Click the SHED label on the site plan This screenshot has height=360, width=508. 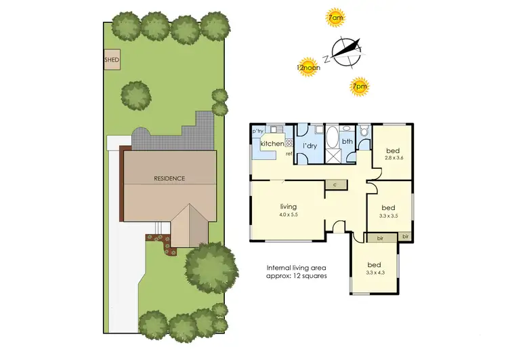(x=112, y=60)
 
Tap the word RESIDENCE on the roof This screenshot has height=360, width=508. (x=169, y=178)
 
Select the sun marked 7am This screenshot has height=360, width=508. (x=335, y=18)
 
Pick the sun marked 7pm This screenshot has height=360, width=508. (x=360, y=86)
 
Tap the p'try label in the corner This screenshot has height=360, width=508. (x=257, y=132)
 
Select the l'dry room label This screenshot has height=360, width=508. (x=310, y=146)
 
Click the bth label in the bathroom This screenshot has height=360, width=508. (x=347, y=142)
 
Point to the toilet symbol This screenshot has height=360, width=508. (x=364, y=132)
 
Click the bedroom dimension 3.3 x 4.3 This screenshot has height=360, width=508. (x=374, y=273)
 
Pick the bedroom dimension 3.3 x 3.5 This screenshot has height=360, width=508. (x=388, y=217)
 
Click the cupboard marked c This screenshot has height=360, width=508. (x=335, y=184)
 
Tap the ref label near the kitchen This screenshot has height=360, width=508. (x=289, y=154)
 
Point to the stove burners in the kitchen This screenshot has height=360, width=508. (x=289, y=142)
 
